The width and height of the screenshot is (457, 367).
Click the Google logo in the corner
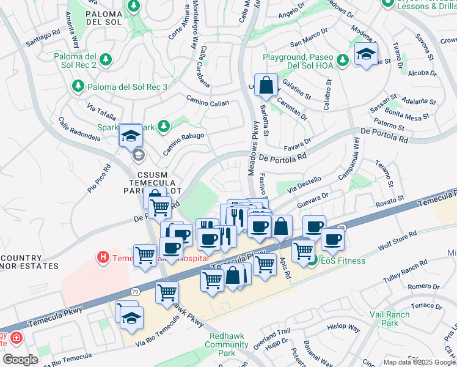[x=20, y=360]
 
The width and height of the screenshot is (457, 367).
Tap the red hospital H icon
[x=104, y=258]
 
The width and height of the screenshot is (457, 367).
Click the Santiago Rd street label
[x=43, y=39]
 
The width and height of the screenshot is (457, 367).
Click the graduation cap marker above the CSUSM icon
[x=131, y=135]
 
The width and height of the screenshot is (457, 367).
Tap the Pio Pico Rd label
[x=99, y=177]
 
